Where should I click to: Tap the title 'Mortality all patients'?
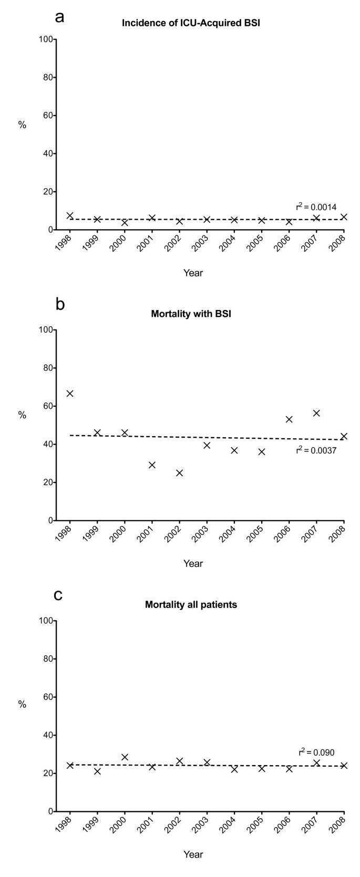point(191,605)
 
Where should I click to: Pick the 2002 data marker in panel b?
point(179,473)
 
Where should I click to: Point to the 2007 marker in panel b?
point(316,413)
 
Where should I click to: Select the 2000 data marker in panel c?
point(125,757)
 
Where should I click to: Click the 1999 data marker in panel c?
point(97,771)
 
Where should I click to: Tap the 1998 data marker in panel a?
point(70,215)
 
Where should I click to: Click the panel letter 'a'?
point(60,16)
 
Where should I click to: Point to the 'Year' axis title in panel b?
point(193,563)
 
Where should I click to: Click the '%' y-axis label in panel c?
point(22,705)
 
